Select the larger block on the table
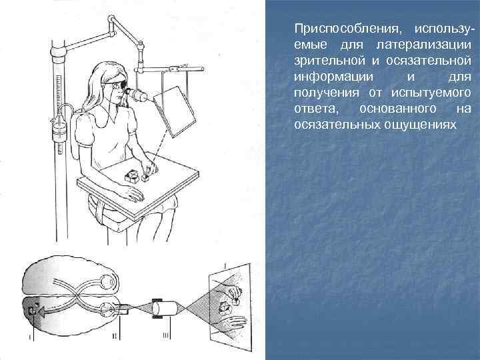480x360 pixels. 131,177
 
